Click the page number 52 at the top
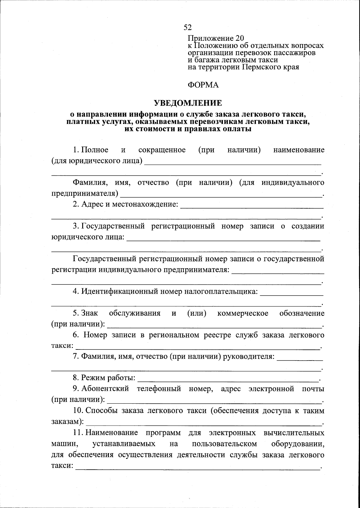coord(187,28)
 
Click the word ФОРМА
coord(203,85)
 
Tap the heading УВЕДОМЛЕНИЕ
coord(188,103)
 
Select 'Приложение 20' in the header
coord(216,38)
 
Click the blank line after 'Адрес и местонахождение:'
coord(251,208)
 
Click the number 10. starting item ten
coord(78,411)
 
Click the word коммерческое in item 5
coord(243,313)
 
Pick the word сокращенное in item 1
coord(162,150)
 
